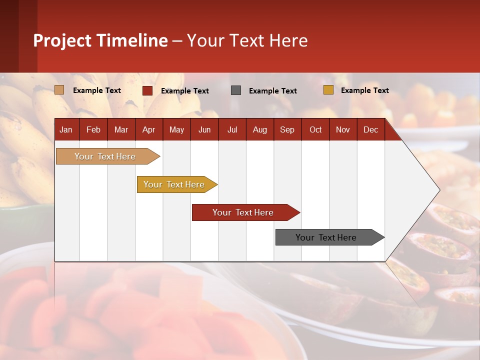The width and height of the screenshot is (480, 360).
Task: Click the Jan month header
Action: click(x=66, y=130)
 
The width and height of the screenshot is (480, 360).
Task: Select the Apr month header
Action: click(x=149, y=130)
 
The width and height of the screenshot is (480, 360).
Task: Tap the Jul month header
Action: click(x=232, y=130)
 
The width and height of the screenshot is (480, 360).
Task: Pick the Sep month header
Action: click(x=287, y=130)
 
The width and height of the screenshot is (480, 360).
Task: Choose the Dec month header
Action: click(x=370, y=130)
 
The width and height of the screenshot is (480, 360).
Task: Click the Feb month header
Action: click(x=93, y=130)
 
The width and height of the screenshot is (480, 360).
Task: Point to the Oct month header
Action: click(x=315, y=130)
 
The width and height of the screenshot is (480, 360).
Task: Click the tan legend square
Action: click(x=59, y=90)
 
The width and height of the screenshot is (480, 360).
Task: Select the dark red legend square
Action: click(x=147, y=90)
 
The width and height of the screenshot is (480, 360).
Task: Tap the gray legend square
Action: click(x=236, y=90)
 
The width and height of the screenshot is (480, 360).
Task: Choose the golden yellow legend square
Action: click(x=328, y=90)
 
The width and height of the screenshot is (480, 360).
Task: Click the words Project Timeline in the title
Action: click(x=100, y=40)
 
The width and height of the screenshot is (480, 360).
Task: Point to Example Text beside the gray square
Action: click(x=273, y=91)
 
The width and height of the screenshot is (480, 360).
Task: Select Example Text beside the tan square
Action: click(x=97, y=90)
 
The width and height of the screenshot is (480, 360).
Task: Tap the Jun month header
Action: click(x=204, y=130)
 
